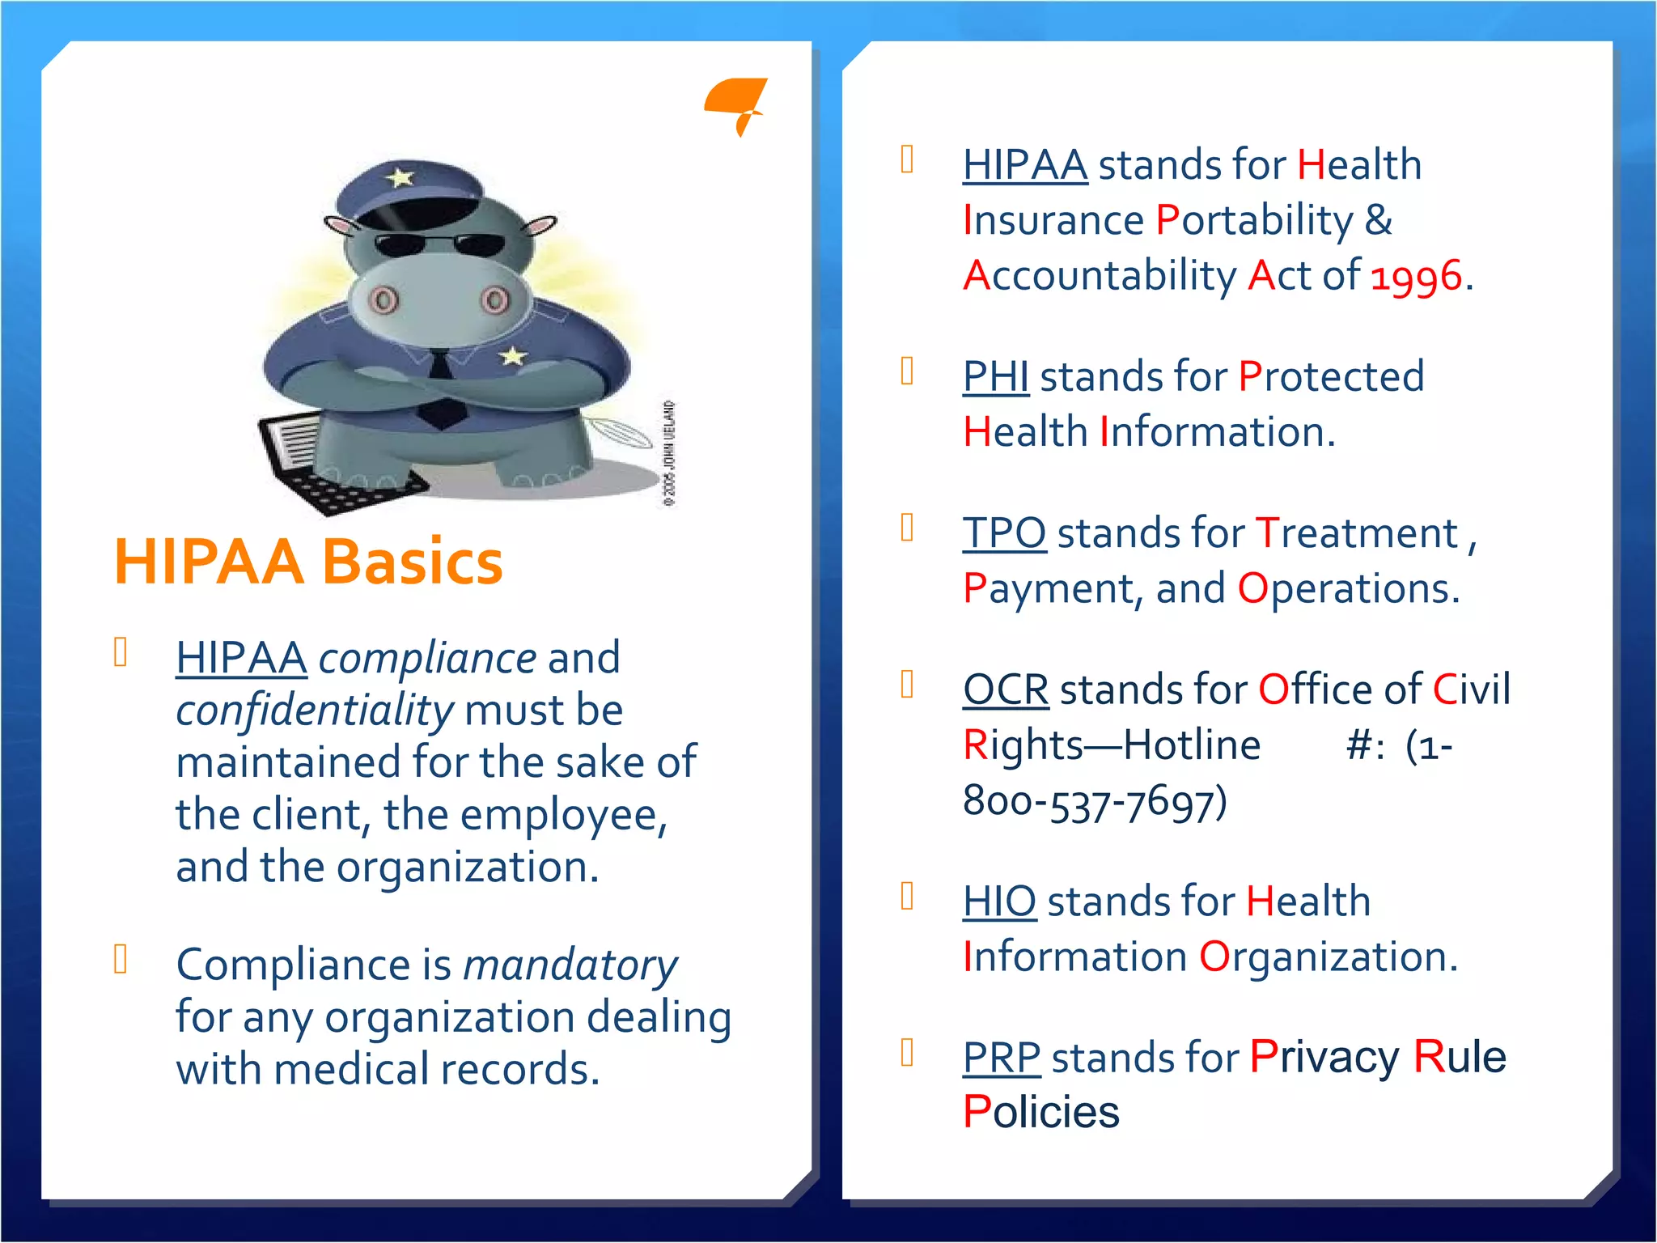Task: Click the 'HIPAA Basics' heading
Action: tap(308, 562)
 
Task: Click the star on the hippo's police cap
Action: tap(400, 176)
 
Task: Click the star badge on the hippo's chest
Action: tap(512, 355)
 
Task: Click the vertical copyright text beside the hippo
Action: tap(669, 453)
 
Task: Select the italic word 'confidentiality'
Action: tap(314, 711)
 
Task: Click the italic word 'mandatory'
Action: tap(570, 965)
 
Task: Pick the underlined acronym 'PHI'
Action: tap(995, 377)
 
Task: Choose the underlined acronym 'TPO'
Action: tap(1004, 533)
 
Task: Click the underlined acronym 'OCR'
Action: tap(1006, 689)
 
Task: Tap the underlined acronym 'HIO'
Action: tap(999, 901)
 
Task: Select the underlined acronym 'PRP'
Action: tap(1002, 1058)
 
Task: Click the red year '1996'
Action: tap(1417, 277)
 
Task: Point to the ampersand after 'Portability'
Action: tap(1379, 220)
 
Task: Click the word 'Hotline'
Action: tap(1192, 745)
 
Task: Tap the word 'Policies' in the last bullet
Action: tap(1041, 1112)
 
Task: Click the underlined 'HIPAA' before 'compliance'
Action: tap(241, 658)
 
